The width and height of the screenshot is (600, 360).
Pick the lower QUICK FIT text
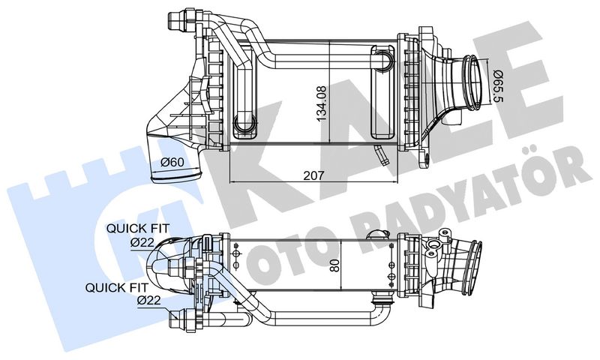pos(116,286)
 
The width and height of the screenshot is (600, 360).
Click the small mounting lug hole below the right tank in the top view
pos(424,160)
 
